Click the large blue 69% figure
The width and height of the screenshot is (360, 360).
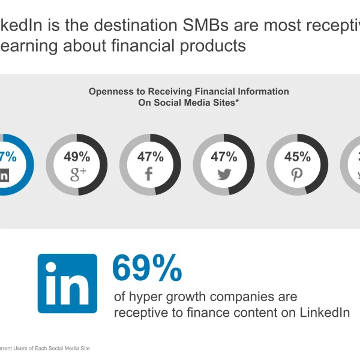click(x=147, y=268)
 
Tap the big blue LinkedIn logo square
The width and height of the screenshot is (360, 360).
click(x=67, y=283)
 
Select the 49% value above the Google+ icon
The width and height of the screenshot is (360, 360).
click(x=77, y=157)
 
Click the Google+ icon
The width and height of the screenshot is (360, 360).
click(x=78, y=175)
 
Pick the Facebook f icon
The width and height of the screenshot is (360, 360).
click(x=150, y=175)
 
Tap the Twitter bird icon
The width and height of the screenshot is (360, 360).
click(x=224, y=175)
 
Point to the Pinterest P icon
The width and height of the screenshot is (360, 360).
click(x=298, y=175)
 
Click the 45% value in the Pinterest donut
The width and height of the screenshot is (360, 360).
click(x=298, y=157)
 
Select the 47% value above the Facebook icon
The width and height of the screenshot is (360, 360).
click(x=150, y=157)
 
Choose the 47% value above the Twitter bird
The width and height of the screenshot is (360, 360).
click(x=224, y=157)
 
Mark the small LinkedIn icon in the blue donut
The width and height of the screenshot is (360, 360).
click(x=4, y=175)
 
